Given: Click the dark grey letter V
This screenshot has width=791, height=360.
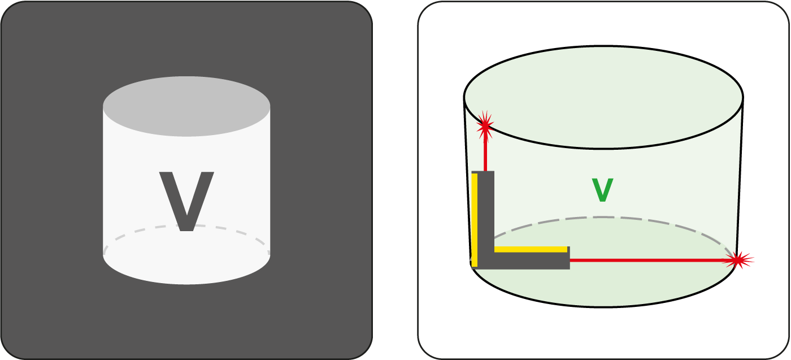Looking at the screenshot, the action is click(x=186, y=201).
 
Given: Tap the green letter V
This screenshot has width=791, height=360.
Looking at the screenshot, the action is click(x=602, y=190).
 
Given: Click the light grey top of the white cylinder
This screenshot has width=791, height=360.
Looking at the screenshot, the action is click(x=186, y=106).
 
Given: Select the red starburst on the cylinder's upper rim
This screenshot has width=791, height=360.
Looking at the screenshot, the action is click(x=485, y=126).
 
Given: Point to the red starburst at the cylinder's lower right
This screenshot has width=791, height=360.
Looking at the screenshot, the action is click(x=737, y=261).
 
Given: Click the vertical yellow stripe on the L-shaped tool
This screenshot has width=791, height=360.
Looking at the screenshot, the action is click(x=475, y=220).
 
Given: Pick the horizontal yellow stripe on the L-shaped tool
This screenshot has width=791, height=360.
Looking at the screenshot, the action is click(x=531, y=249).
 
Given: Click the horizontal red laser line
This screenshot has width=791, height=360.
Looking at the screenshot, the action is click(x=653, y=261).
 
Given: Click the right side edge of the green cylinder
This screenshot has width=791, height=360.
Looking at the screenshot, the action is click(x=740, y=179).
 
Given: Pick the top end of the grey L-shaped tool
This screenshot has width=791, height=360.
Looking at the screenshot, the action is click(x=483, y=172).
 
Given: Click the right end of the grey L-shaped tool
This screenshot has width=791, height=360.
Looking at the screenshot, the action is click(x=570, y=258).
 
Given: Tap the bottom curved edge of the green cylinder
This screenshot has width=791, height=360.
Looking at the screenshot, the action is click(x=603, y=307).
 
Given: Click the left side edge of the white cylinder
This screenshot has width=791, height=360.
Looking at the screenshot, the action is click(x=103, y=180).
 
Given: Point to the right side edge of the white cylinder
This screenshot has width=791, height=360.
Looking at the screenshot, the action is click(x=270, y=180).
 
